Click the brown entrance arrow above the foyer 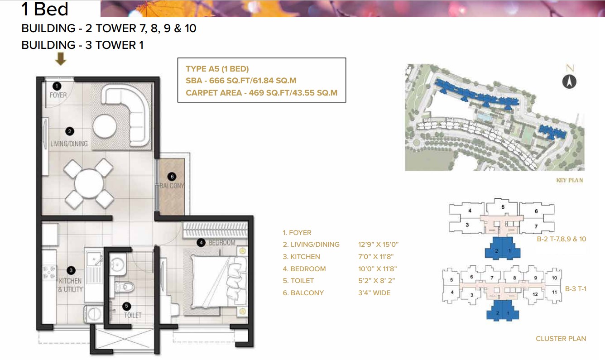coord(60,59)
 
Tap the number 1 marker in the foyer coord(57,85)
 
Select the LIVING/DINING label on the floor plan coord(69,144)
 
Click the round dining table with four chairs coord(89,183)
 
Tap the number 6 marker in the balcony coord(171,177)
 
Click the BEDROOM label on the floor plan coord(221,243)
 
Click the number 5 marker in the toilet coord(127,306)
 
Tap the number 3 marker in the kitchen coord(71,271)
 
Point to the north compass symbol coord(569,82)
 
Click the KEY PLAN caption coord(569,180)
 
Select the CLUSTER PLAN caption coord(561,338)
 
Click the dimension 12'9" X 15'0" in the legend coord(378,245)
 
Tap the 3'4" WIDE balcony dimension coord(374,293)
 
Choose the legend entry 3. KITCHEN coord(301,257)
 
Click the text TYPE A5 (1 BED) coord(217,69)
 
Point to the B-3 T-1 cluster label coord(576,288)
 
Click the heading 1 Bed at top coord(45,9)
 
